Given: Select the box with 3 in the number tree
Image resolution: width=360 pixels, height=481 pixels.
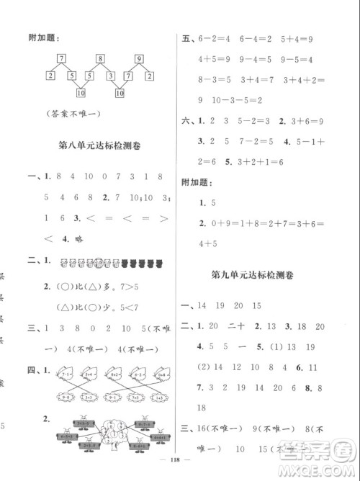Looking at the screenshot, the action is pos(109,75).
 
